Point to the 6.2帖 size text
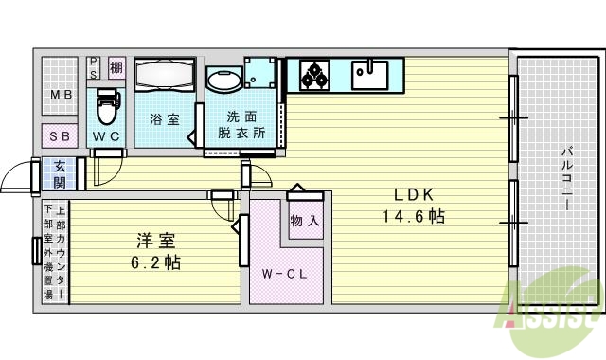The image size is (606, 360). [157, 262]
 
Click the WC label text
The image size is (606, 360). [106, 135]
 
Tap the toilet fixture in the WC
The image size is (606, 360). [107, 103]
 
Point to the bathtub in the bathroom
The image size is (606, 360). [165, 77]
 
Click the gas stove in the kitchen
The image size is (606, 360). [313, 72]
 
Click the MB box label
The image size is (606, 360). [62, 95]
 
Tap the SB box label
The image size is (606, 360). [60, 136]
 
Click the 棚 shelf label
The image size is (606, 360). [116, 67]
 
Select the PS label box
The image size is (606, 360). [95, 67]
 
